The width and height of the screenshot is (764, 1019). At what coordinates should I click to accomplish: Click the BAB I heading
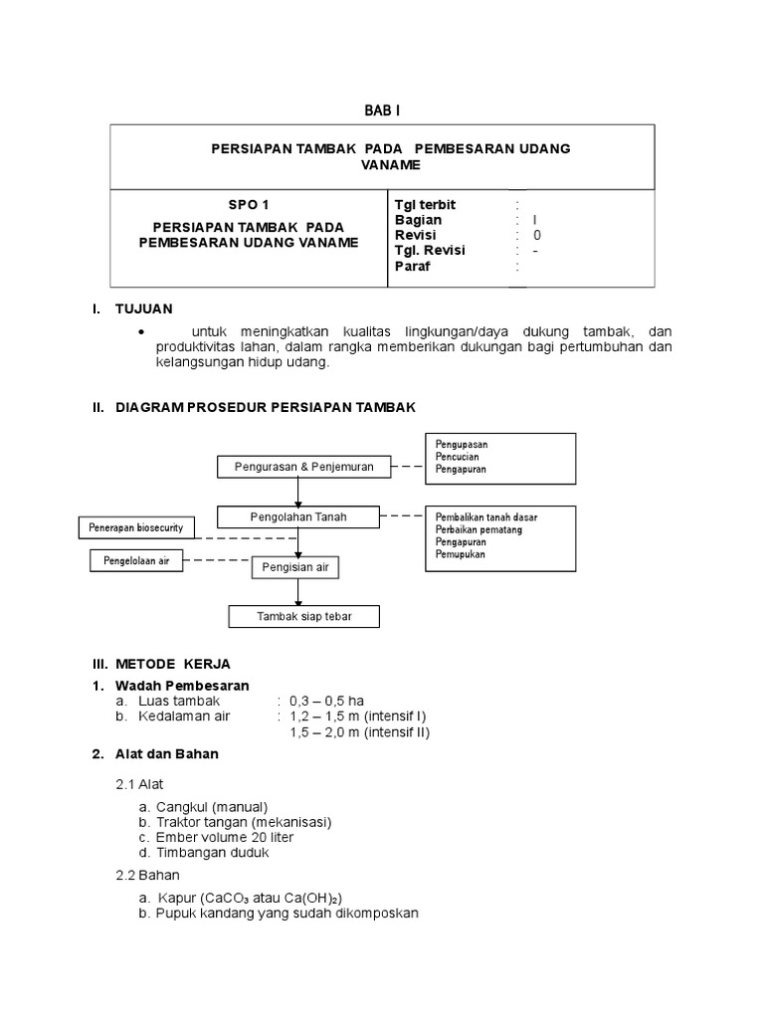(x=382, y=109)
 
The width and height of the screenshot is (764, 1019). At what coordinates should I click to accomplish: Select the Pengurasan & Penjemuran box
(x=303, y=467)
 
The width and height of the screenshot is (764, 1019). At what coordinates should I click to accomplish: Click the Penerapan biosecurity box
(x=136, y=528)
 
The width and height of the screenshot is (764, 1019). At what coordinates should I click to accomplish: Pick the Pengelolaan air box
(x=136, y=561)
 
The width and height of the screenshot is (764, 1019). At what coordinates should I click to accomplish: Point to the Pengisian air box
(x=295, y=567)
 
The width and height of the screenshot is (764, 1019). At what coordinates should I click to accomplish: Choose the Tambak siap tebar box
(x=304, y=617)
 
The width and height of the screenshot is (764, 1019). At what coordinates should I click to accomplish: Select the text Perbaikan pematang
(x=478, y=528)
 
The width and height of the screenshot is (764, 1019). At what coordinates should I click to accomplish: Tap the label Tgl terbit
(x=425, y=204)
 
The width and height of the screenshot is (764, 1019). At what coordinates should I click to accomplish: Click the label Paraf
(x=412, y=267)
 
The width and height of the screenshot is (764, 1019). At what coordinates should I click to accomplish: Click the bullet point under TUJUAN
(x=142, y=331)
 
